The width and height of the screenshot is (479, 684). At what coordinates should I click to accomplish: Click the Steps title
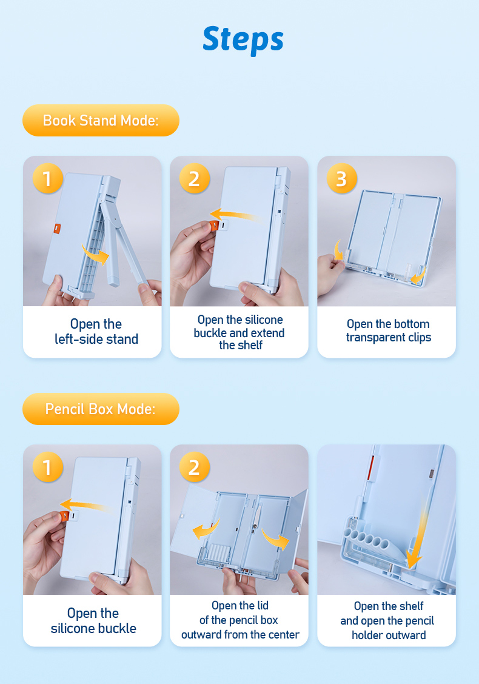(243, 39)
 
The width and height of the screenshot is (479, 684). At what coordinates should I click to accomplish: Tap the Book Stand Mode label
(101, 121)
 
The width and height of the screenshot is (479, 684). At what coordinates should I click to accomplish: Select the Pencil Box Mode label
(101, 409)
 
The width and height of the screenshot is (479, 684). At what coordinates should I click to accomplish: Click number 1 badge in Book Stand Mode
(47, 178)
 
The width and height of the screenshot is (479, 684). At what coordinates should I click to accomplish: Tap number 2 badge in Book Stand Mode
(195, 178)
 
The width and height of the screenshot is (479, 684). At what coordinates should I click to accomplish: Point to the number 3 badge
(342, 178)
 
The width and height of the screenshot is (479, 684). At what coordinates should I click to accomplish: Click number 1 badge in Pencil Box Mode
(47, 467)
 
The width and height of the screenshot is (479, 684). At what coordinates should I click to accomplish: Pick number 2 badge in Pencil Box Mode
(195, 467)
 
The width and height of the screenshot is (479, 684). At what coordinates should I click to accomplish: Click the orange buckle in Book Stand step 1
(57, 229)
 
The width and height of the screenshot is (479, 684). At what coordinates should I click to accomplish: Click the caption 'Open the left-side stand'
(96, 332)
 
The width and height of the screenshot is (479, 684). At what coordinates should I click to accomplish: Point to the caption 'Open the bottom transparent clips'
(388, 330)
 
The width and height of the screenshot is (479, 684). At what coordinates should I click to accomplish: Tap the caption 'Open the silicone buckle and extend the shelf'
(239, 332)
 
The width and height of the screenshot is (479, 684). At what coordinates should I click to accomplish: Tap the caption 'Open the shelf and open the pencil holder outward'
(387, 620)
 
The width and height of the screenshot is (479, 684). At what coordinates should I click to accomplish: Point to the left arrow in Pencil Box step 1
(85, 506)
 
